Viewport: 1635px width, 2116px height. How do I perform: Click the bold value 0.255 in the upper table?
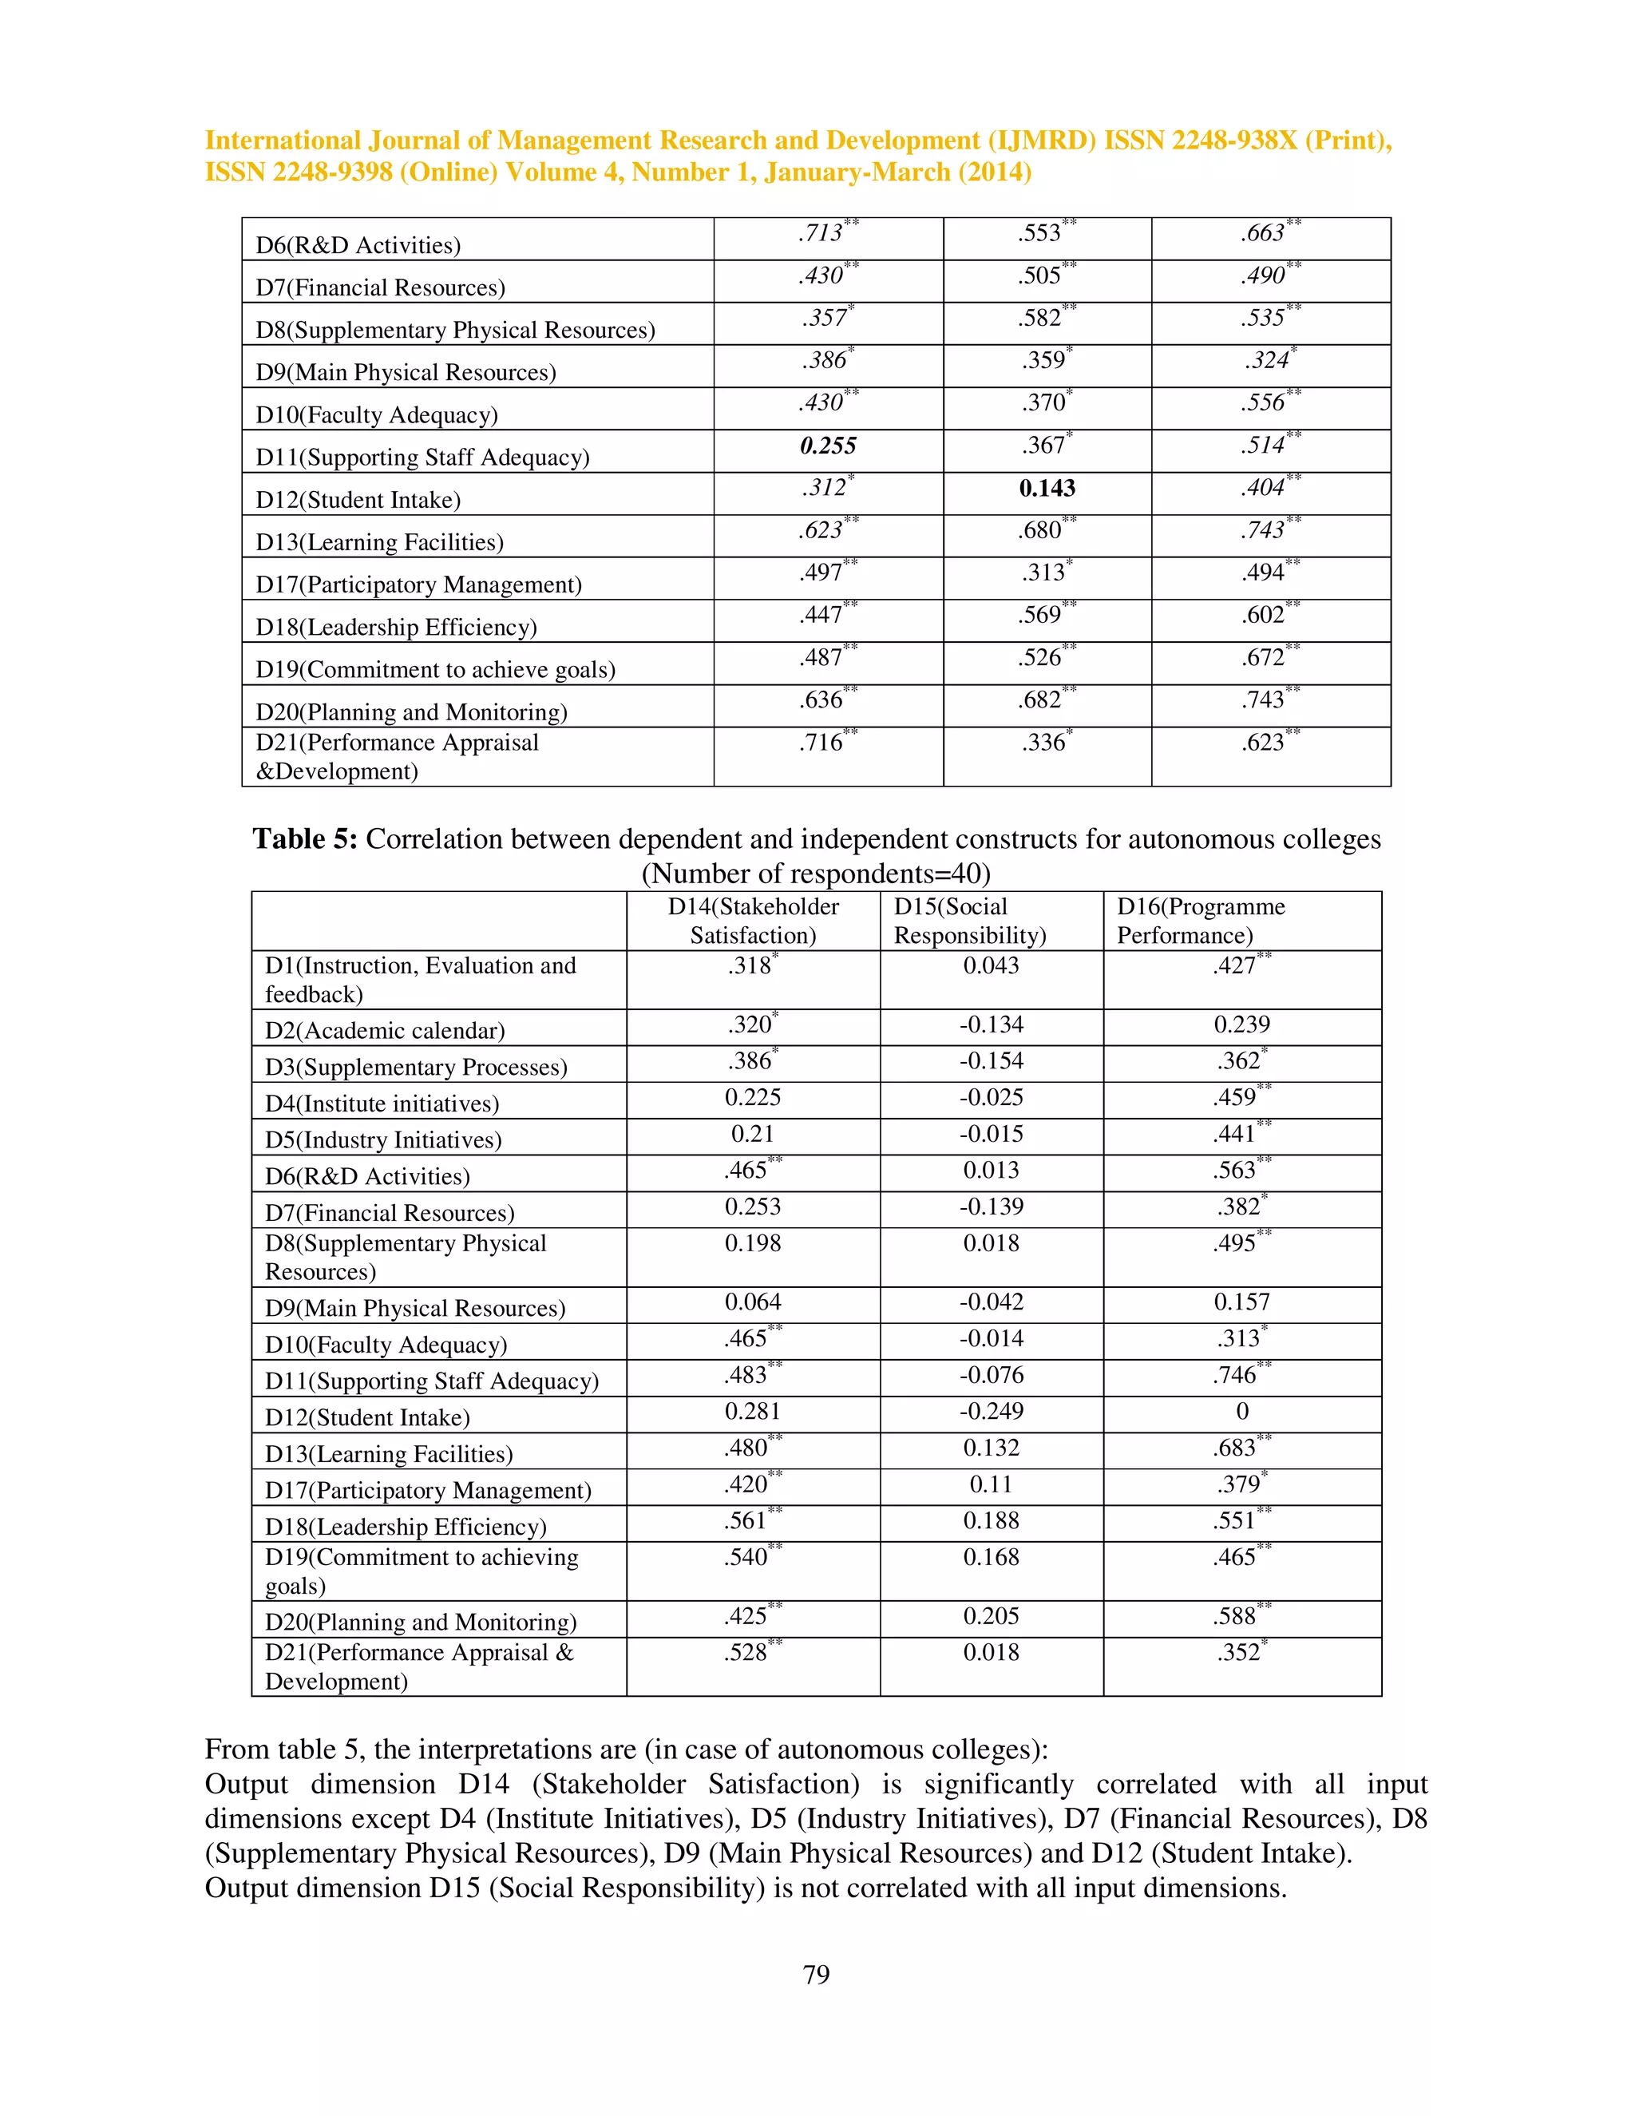[828, 446]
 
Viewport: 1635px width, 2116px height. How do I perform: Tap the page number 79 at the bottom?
[816, 1975]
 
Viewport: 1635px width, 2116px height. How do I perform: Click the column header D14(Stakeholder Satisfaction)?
[753, 921]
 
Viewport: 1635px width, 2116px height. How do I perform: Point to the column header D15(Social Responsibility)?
[969, 921]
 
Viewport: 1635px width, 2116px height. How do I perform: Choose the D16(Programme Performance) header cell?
[1201, 921]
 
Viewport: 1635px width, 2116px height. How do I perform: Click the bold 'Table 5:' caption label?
[305, 839]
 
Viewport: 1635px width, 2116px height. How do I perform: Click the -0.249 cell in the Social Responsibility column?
[991, 1412]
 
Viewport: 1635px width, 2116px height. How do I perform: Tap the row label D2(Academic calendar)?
[385, 1030]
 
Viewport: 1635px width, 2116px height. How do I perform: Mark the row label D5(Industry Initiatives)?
[382, 1139]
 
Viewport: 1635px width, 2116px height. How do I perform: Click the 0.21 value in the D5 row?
[753, 1134]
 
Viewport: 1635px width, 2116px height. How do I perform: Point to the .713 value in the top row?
[821, 233]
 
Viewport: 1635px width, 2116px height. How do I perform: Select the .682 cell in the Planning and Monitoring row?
[1039, 699]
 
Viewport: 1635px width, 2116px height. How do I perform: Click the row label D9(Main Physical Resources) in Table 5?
[414, 1308]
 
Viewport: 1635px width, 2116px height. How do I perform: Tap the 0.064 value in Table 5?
[753, 1302]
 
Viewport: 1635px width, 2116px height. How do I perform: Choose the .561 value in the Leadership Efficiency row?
[746, 1521]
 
